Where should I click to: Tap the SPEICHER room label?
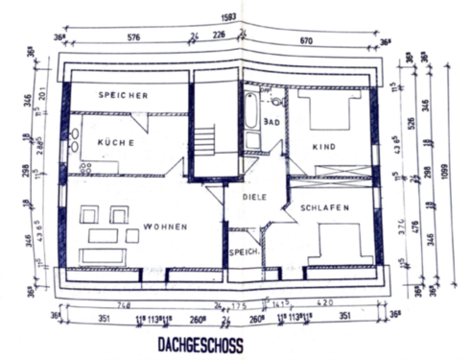(123, 96)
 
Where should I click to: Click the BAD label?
(271, 122)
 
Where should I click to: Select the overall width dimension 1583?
(227, 15)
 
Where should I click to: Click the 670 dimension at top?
(306, 40)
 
